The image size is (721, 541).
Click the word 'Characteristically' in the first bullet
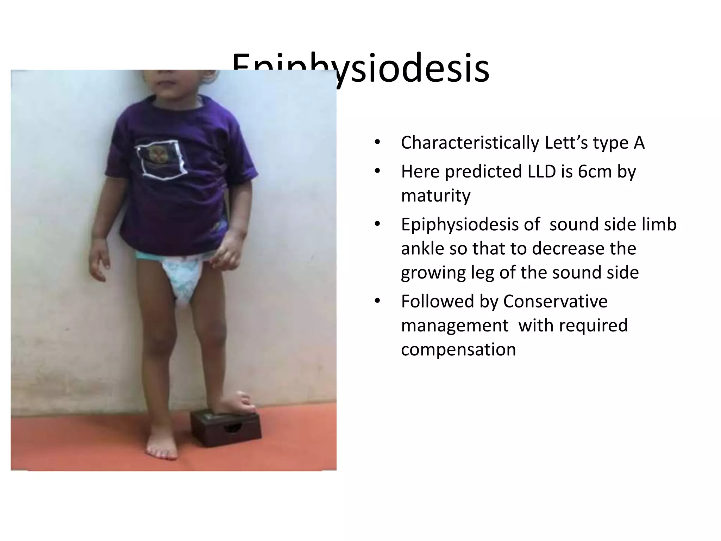470,143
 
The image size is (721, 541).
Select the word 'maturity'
435,196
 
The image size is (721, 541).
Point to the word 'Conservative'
555,301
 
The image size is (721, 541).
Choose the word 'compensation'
458,350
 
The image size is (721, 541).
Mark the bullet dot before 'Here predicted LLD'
377,172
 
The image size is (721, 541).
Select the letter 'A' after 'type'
639,143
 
